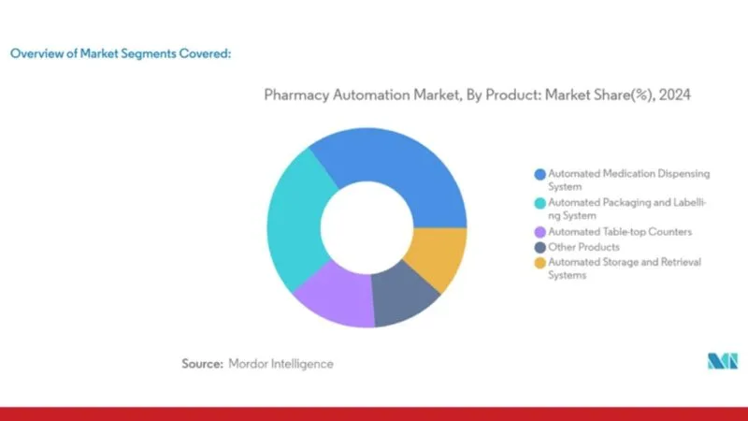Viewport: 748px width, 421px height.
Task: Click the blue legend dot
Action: point(540,174)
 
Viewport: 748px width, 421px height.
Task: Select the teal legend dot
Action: point(540,203)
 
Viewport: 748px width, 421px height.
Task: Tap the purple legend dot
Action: point(540,232)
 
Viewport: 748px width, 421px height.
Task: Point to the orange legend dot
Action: point(540,263)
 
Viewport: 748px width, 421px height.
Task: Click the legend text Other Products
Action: point(583,247)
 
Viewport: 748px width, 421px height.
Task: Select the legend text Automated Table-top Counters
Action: point(620,232)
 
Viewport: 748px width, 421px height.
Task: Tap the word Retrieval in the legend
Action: point(682,262)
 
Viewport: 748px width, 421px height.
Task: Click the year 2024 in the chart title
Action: point(674,95)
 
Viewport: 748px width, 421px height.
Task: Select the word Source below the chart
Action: point(202,364)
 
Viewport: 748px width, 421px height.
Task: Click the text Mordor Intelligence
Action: point(281,364)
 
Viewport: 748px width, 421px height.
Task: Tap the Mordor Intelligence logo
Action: point(723,361)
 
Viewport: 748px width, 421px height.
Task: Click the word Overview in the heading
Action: point(37,53)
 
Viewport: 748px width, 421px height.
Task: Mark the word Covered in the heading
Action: point(205,53)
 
